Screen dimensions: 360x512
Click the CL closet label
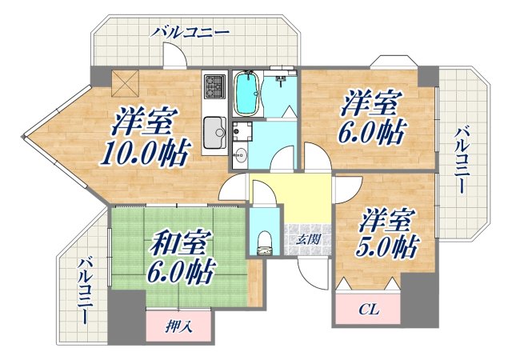pyautogui.click(x=368, y=308)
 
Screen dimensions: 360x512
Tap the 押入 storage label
pyautogui.click(x=178, y=326)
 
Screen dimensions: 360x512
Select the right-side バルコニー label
pyautogui.click(x=462, y=160)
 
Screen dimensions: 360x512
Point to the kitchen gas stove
pyautogui.click(x=214, y=90)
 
